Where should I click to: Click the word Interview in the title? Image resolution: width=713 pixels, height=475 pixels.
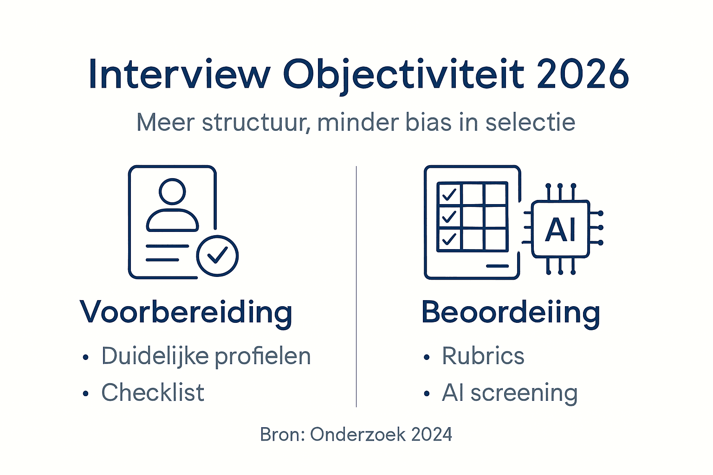click(179, 74)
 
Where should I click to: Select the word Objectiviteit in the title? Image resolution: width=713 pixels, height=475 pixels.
click(404, 74)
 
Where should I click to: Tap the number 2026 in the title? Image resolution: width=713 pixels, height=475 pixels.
click(583, 74)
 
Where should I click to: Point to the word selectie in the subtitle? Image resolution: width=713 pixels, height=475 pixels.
click(530, 122)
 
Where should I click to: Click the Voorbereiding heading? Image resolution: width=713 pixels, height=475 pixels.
click(186, 312)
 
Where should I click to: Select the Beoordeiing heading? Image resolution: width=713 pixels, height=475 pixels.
click(511, 312)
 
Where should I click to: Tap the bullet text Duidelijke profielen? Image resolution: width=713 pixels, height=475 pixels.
click(206, 356)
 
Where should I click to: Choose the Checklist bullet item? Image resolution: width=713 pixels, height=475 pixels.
click(153, 392)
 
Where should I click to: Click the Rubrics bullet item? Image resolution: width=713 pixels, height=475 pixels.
click(483, 356)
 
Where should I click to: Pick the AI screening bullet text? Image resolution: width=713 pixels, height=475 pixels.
click(510, 392)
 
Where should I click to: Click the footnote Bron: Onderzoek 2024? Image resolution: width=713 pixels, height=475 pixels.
click(356, 435)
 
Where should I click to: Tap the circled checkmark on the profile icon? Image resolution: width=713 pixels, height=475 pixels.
click(217, 256)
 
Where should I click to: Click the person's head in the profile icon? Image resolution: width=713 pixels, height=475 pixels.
click(172, 191)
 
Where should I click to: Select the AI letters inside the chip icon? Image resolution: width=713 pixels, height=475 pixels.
click(561, 229)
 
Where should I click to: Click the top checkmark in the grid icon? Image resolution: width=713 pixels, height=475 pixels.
click(449, 194)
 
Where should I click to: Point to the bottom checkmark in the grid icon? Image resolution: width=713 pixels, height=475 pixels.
click(449, 239)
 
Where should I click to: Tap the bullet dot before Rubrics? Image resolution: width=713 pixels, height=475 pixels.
click(427, 358)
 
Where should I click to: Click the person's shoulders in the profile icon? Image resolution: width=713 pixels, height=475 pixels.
click(172, 221)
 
